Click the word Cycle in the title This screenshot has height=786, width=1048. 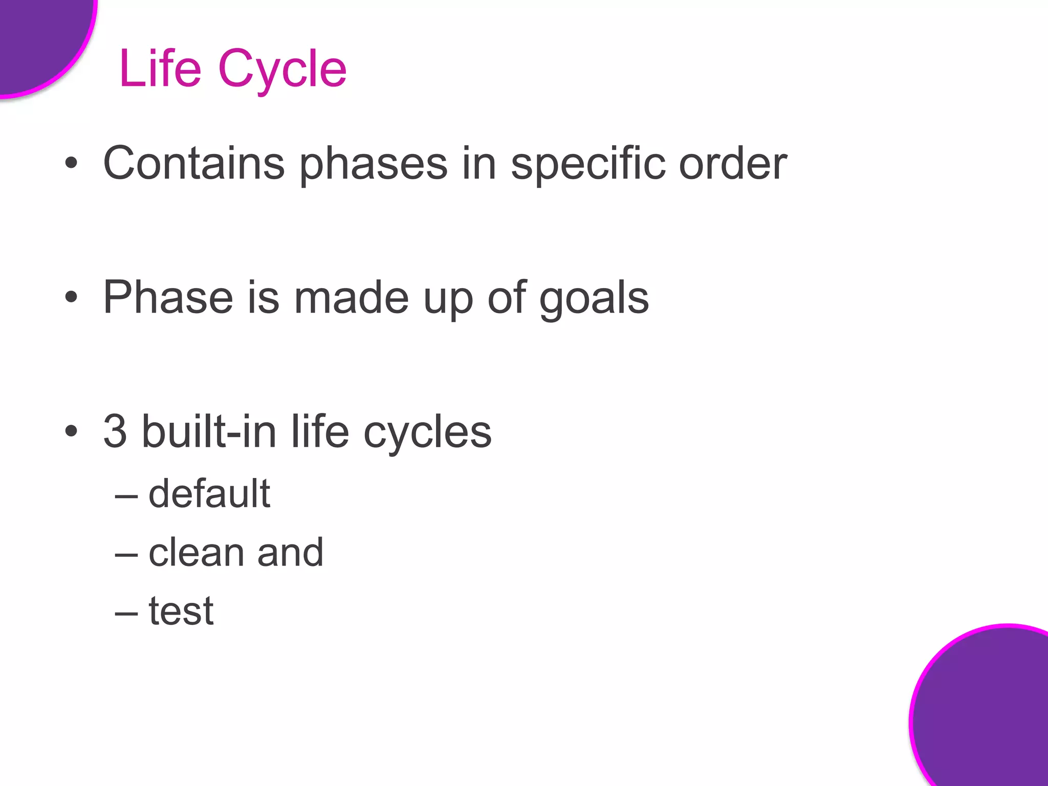point(282,69)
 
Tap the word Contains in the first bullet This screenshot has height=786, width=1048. point(193,164)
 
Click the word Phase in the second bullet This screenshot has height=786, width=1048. point(168,297)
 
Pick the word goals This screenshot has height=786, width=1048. point(594,298)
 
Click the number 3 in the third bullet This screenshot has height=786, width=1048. point(115,431)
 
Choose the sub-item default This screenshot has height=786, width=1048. point(209,493)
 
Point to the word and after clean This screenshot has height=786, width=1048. point(290,553)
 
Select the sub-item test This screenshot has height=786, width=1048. point(181,611)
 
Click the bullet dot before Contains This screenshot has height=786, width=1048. point(71,164)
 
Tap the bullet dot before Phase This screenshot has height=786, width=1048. point(71,297)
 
